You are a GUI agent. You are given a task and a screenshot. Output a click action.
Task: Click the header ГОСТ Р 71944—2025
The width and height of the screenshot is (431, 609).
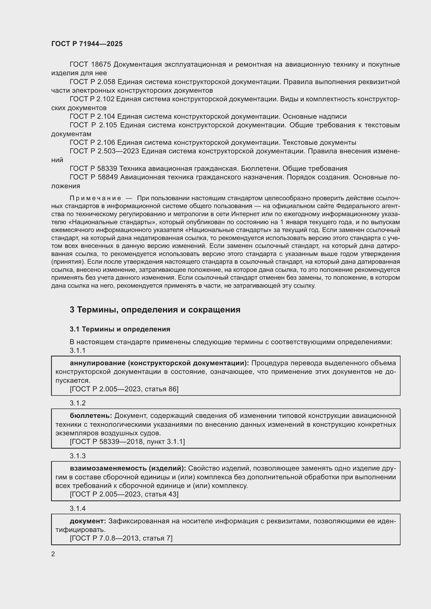87,44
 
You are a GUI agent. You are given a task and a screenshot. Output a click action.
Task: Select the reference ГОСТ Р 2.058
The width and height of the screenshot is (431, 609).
92,82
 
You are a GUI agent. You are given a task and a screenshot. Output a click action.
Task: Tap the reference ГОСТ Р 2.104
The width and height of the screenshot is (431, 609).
92,116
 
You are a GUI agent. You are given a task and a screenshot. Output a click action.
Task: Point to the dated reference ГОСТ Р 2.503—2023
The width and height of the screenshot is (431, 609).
104,151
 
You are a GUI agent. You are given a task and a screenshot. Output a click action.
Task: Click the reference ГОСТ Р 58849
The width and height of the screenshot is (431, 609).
94,177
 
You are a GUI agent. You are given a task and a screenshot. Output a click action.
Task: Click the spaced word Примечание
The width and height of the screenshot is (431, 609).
95,198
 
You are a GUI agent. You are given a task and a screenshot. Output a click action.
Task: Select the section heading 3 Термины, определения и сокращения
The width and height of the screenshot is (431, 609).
155,310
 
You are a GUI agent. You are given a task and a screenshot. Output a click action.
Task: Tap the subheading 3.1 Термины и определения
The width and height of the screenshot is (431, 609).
120,329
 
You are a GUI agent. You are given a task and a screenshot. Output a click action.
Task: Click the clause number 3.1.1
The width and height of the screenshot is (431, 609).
77,351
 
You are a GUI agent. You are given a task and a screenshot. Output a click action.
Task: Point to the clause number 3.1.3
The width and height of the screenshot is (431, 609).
77,456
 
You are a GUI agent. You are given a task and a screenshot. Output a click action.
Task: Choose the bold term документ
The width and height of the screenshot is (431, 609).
88,521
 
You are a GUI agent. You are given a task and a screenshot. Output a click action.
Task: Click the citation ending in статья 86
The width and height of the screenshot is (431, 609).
124,389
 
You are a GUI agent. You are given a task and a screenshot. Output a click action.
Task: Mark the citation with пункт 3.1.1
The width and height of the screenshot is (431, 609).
127,442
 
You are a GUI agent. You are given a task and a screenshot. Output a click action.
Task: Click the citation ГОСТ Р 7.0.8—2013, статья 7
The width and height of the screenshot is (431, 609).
121,538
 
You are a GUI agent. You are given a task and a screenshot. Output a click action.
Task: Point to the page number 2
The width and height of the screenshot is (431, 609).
53,554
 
